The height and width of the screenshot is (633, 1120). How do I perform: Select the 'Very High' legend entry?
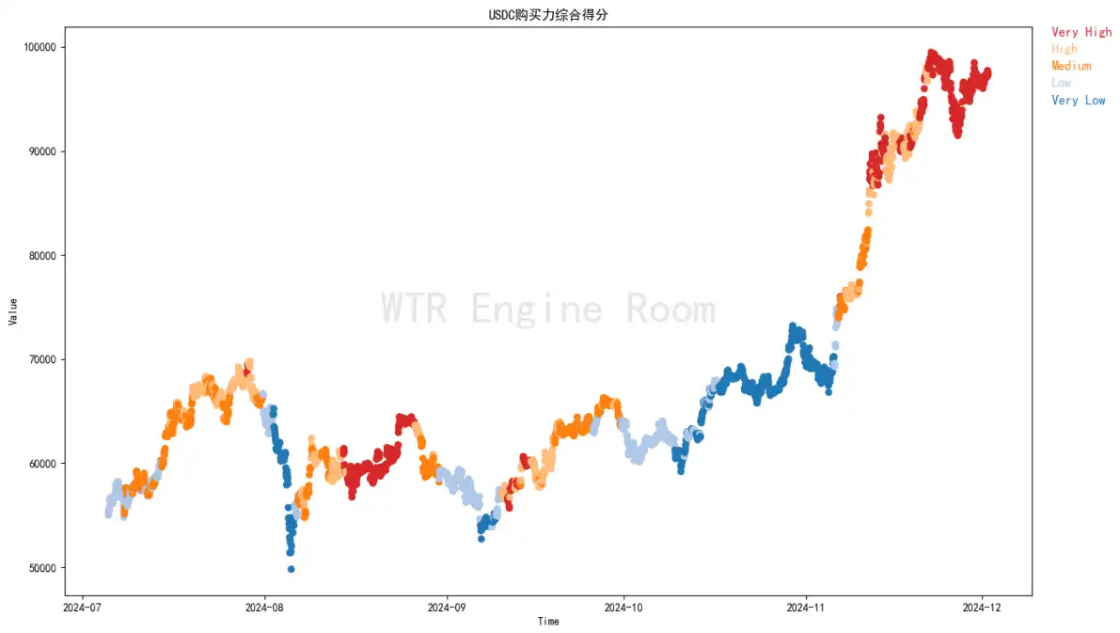pyautogui.click(x=1081, y=32)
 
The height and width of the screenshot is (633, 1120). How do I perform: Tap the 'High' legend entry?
pyautogui.click(x=1065, y=49)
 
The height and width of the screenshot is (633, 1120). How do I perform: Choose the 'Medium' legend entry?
pyautogui.click(x=1071, y=66)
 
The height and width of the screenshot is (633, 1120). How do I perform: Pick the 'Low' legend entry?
pyautogui.click(x=1061, y=83)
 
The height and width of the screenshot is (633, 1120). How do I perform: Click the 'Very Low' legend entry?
pyautogui.click(x=1078, y=100)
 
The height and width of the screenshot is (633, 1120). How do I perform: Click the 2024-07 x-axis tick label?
pyautogui.click(x=84, y=608)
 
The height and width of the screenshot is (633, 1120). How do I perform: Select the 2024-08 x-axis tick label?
pyautogui.click(x=264, y=608)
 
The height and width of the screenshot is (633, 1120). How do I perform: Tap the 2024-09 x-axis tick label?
pyautogui.click(x=446, y=608)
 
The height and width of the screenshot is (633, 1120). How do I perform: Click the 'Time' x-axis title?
pyautogui.click(x=548, y=622)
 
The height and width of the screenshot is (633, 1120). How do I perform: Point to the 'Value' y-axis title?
pyautogui.click(x=13, y=311)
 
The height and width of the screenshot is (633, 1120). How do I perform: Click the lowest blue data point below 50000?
pyautogui.click(x=292, y=569)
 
